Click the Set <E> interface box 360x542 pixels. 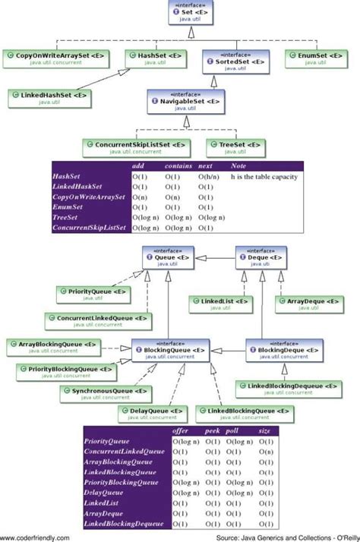[190, 14]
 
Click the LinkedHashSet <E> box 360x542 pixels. [50, 97]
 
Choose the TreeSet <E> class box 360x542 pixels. [235, 146]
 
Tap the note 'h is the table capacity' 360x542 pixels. [264, 176]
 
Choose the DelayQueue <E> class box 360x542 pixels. [152, 414]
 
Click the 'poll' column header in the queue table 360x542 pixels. [235, 431]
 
